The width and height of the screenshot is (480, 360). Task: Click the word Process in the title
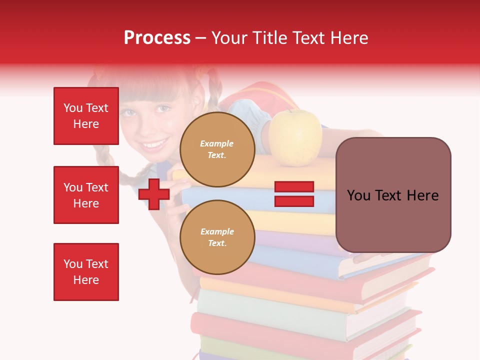(x=157, y=38)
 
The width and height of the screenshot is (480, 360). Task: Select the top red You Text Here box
(x=86, y=116)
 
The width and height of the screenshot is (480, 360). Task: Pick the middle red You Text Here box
(x=86, y=195)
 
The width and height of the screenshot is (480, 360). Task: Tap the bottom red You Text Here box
(x=86, y=271)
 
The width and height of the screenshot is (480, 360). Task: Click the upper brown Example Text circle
(x=217, y=149)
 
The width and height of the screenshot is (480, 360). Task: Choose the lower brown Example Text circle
(x=217, y=237)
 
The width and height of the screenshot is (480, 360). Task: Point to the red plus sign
(x=154, y=194)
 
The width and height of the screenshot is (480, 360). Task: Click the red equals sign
(x=294, y=194)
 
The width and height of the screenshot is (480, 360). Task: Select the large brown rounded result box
(x=393, y=195)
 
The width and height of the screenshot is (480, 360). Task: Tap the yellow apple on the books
(x=295, y=137)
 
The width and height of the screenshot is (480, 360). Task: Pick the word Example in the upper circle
(x=217, y=143)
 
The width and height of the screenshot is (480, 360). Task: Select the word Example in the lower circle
(x=217, y=231)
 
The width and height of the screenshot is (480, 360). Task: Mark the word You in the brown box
(x=358, y=195)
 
